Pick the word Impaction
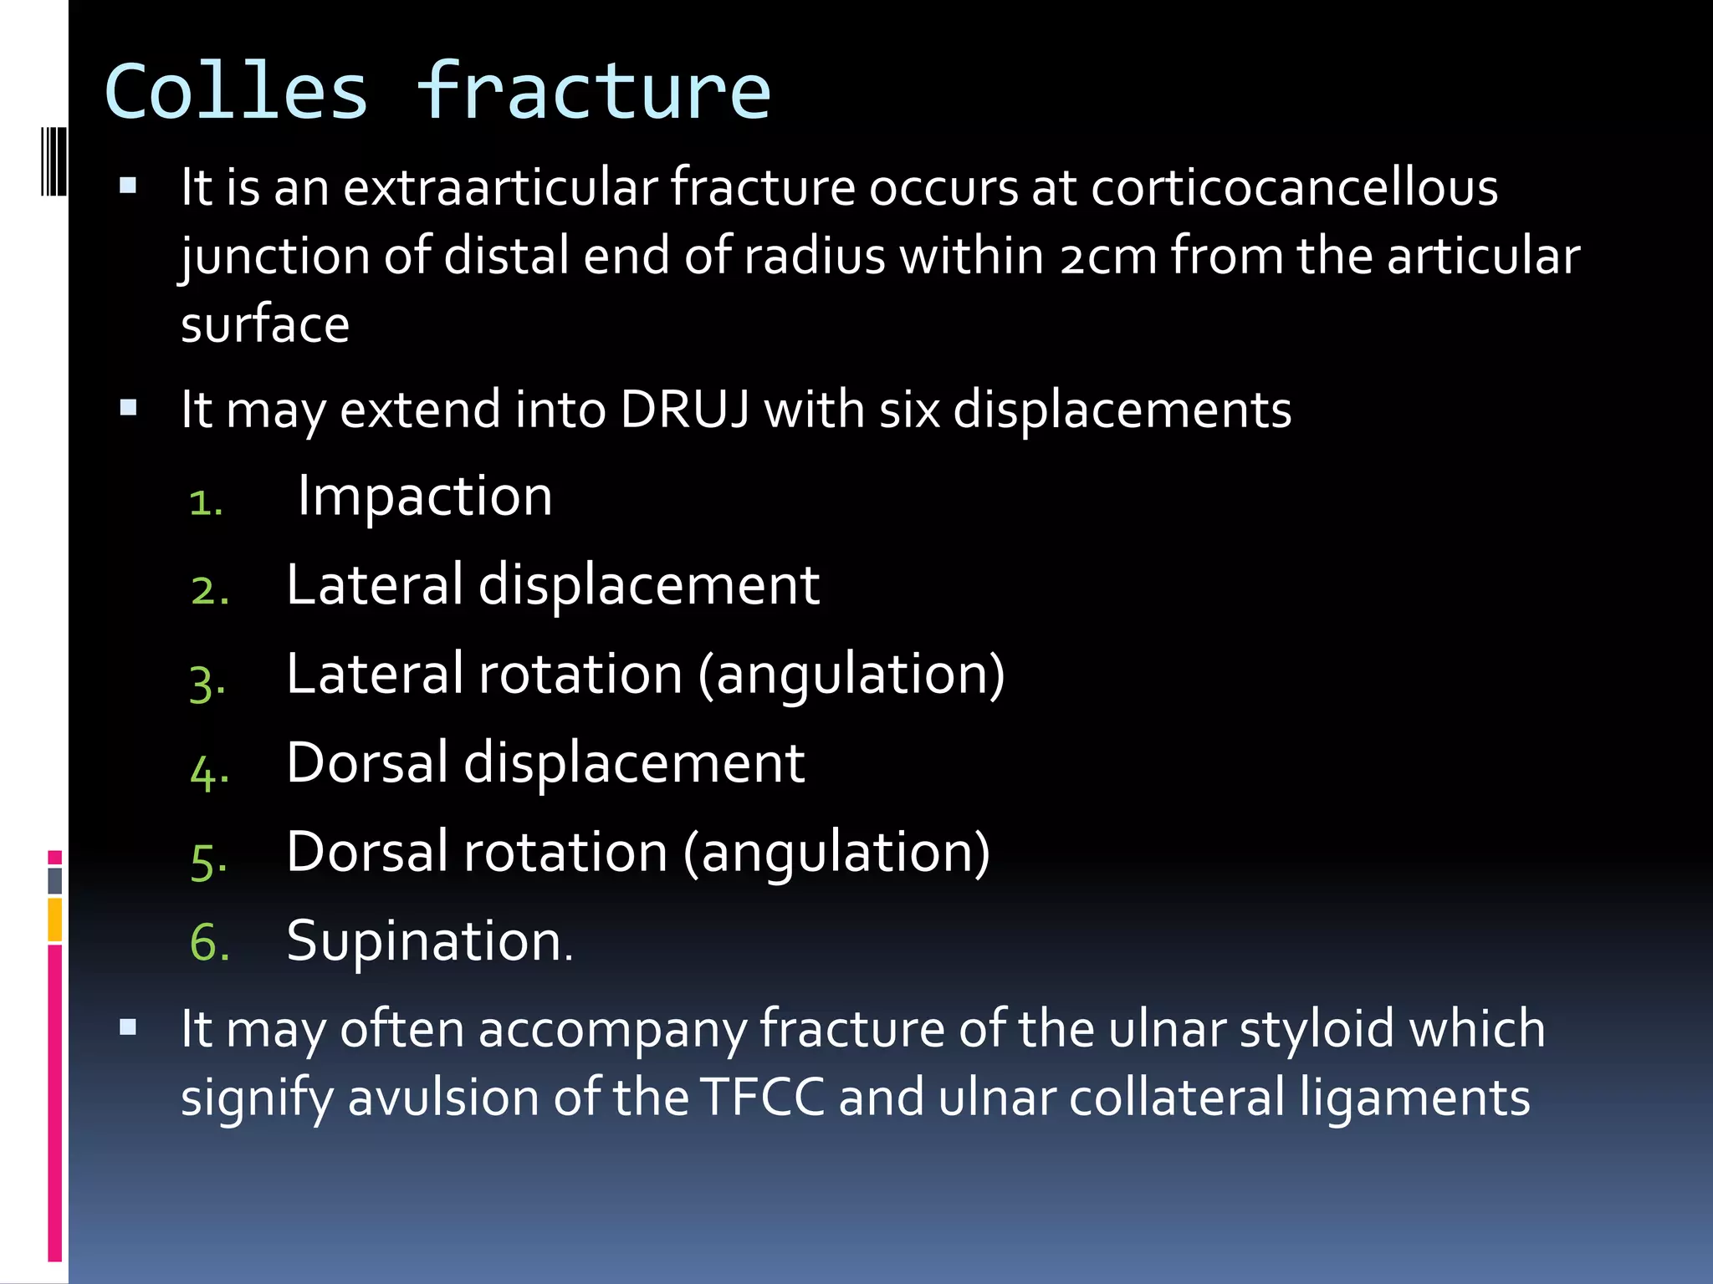tap(425, 496)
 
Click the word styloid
tap(1317, 1029)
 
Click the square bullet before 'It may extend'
tap(128, 408)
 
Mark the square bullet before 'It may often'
tap(128, 1027)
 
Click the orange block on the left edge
tap(55, 920)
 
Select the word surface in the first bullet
tap(265, 324)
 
